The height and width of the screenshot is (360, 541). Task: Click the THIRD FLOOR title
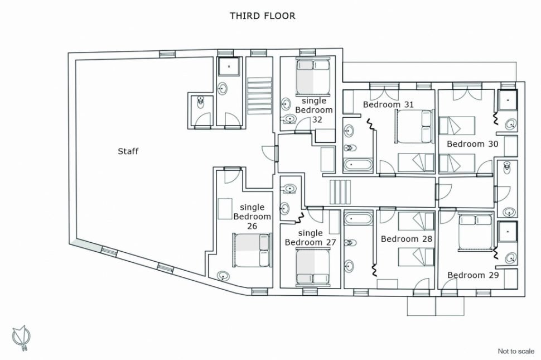pyautogui.click(x=263, y=16)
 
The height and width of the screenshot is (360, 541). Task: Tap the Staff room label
pyautogui.click(x=128, y=151)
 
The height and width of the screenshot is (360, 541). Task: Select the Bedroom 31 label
pyautogui.click(x=388, y=104)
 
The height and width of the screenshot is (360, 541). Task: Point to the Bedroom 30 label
pyautogui.click(x=472, y=143)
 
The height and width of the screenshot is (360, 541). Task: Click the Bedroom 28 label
pyautogui.click(x=407, y=239)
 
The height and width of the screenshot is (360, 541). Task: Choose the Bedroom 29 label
pyautogui.click(x=473, y=275)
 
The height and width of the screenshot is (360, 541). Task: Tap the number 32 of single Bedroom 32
pyautogui.click(x=317, y=119)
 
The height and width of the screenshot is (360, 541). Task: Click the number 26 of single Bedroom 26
pyautogui.click(x=252, y=226)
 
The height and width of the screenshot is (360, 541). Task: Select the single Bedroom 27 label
pyautogui.click(x=310, y=237)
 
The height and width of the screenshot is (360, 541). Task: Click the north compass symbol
pyautogui.click(x=21, y=337)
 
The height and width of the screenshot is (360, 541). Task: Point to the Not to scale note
pyautogui.click(x=516, y=352)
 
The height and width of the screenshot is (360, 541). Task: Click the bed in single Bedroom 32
pyautogui.click(x=312, y=76)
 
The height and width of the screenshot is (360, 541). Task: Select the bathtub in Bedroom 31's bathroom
pyautogui.click(x=358, y=165)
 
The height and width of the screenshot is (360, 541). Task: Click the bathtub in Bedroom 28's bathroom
pyautogui.click(x=359, y=219)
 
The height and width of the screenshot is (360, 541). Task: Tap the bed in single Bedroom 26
pyautogui.click(x=252, y=250)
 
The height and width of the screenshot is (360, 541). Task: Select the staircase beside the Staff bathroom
pyautogui.click(x=259, y=95)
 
